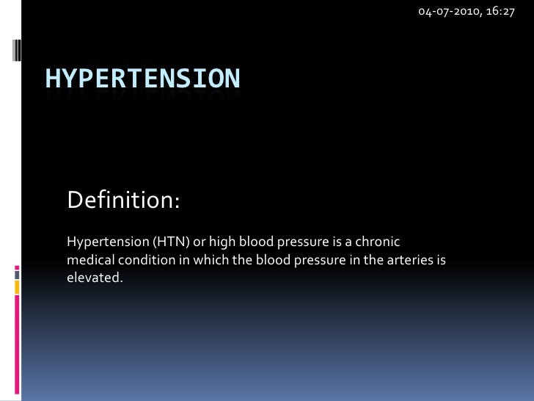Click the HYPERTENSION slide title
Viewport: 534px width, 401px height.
142,78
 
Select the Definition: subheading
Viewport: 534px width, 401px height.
122,200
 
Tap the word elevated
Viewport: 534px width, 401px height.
92,278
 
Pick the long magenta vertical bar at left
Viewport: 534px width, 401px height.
17,345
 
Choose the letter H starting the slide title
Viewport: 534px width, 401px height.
53,78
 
